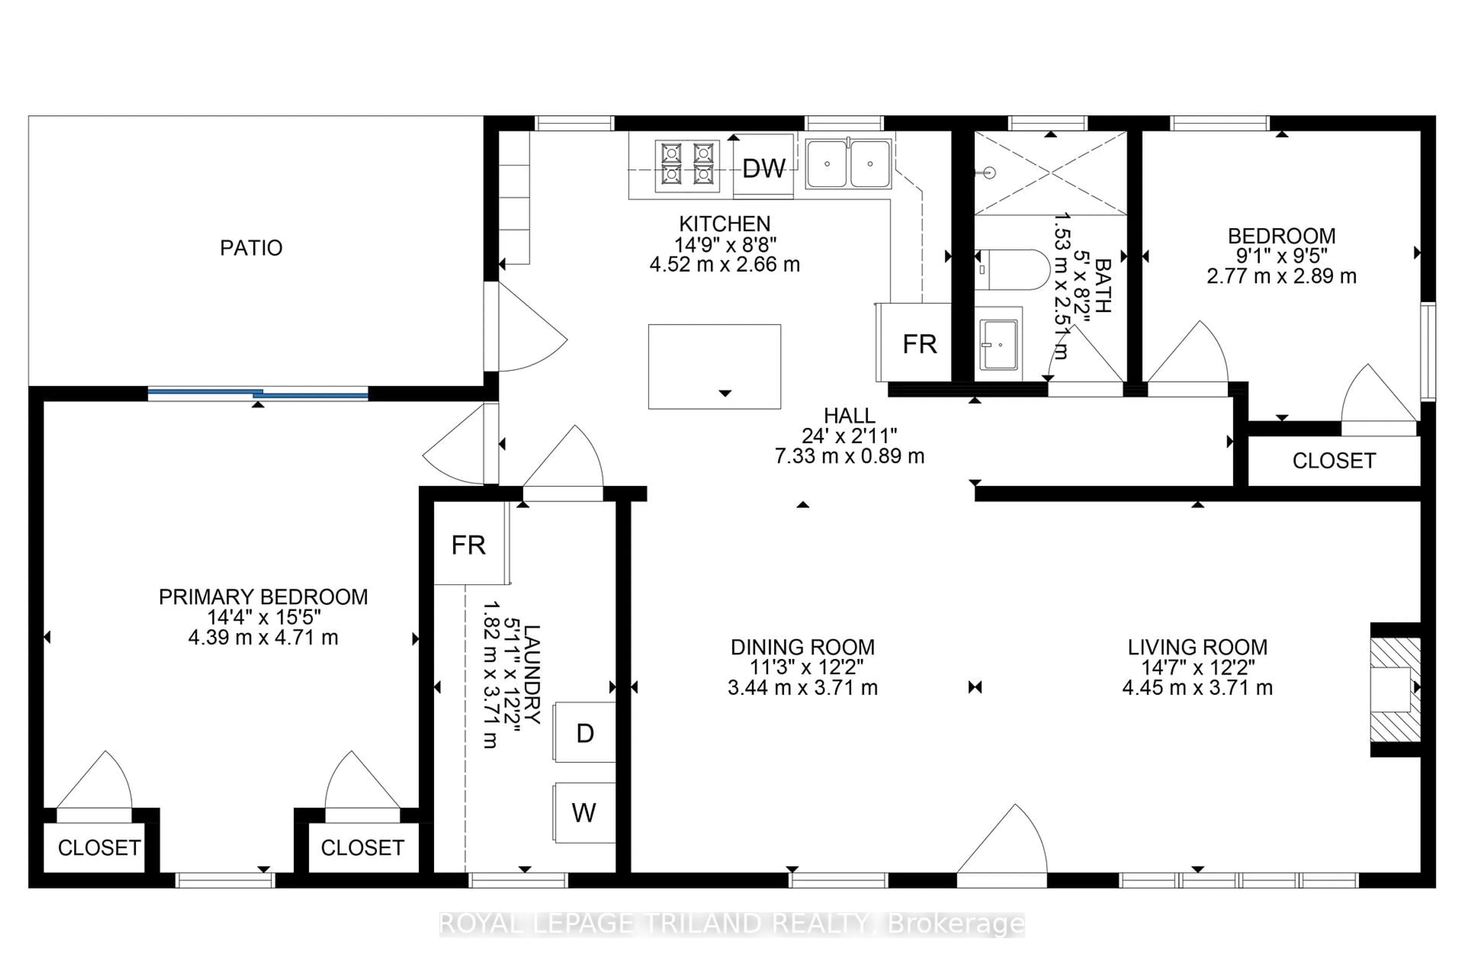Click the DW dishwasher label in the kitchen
(763, 168)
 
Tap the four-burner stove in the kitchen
(687, 165)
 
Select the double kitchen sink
(848, 164)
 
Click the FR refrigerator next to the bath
(919, 344)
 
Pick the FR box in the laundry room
(469, 545)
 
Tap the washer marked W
(584, 812)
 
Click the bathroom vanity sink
(998, 344)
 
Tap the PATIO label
(251, 248)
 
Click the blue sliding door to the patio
(258, 393)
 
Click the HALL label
(849, 415)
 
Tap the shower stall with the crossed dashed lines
(1051, 173)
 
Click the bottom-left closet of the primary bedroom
(98, 847)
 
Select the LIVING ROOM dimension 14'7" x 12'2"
(1197, 667)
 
